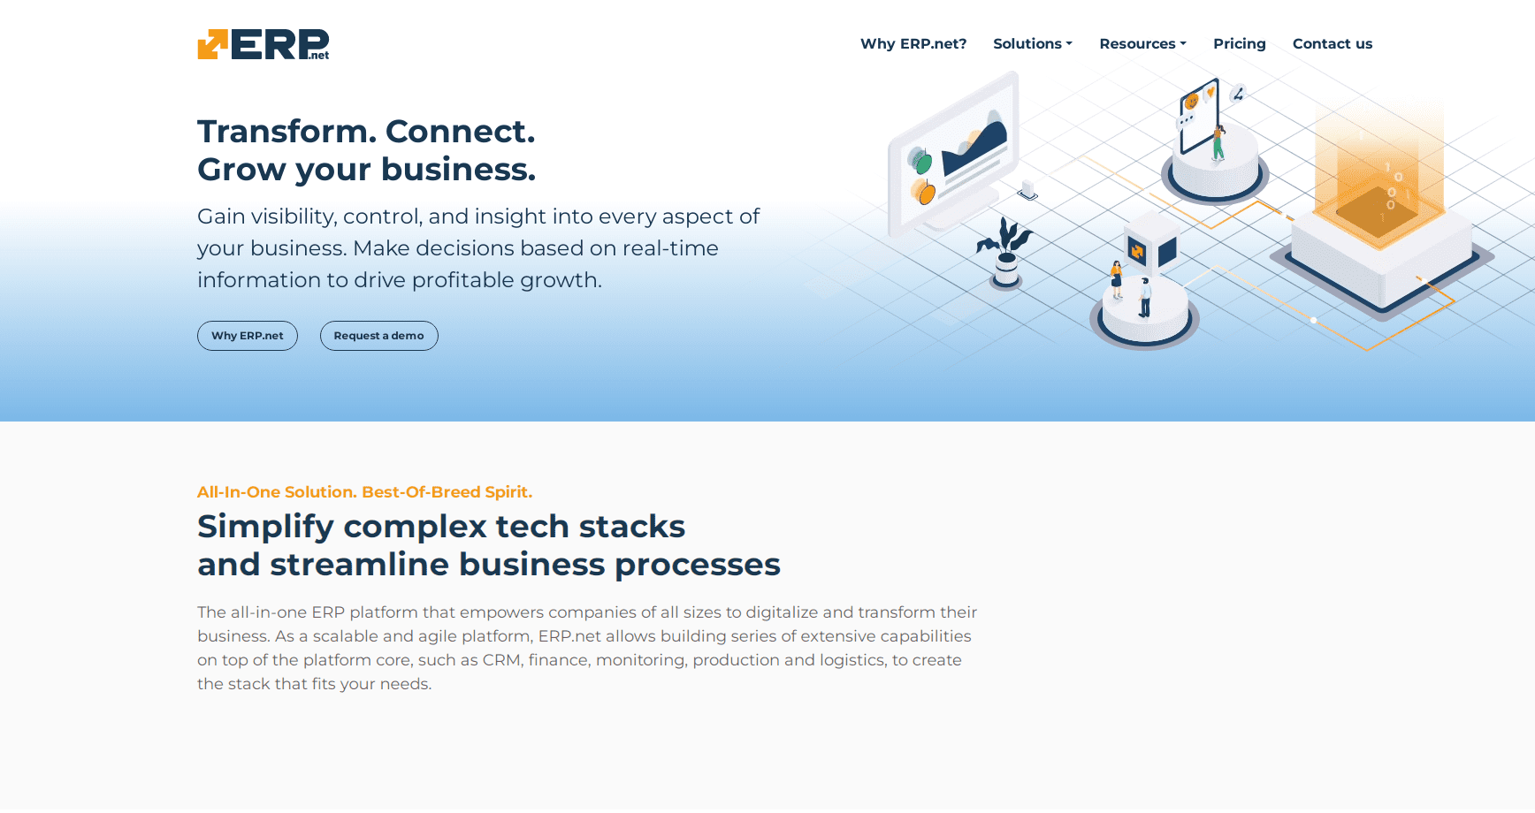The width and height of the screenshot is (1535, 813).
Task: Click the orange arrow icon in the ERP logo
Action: pyautogui.click(x=212, y=44)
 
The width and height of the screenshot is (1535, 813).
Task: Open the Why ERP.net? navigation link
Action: pyautogui.click(x=913, y=43)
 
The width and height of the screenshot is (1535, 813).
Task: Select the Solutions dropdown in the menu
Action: pyautogui.click(x=1033, y=43)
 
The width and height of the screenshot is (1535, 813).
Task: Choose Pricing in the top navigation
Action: pyautogui.click(x=1240, y=43)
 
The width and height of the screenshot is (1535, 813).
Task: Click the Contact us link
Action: pyautogui.click(x=1333, y=43)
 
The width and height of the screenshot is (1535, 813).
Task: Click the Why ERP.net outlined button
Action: pyautogui.click(x=248, y=336)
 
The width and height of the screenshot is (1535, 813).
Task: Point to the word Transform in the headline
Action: pyautogui.click(x=282, y=131)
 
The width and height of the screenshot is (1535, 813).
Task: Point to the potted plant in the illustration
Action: pyautogui.click(x=1005, y=253)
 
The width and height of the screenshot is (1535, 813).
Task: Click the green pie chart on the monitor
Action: pyautogui.click(x=921, y=162)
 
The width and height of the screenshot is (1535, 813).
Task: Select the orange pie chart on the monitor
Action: pyautogui.click(x=925, y=192)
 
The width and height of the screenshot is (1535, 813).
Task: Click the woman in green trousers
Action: pyautogui.click(x=1218, y=142)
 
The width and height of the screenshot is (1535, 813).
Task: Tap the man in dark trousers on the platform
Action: pyautogui.click(x=1145, y=297)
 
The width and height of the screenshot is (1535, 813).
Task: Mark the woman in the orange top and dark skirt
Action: pyautogui.click(x=1117, y=280)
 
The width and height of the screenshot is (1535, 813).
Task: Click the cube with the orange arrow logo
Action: pyautogui.click(x=1150, y=248)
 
